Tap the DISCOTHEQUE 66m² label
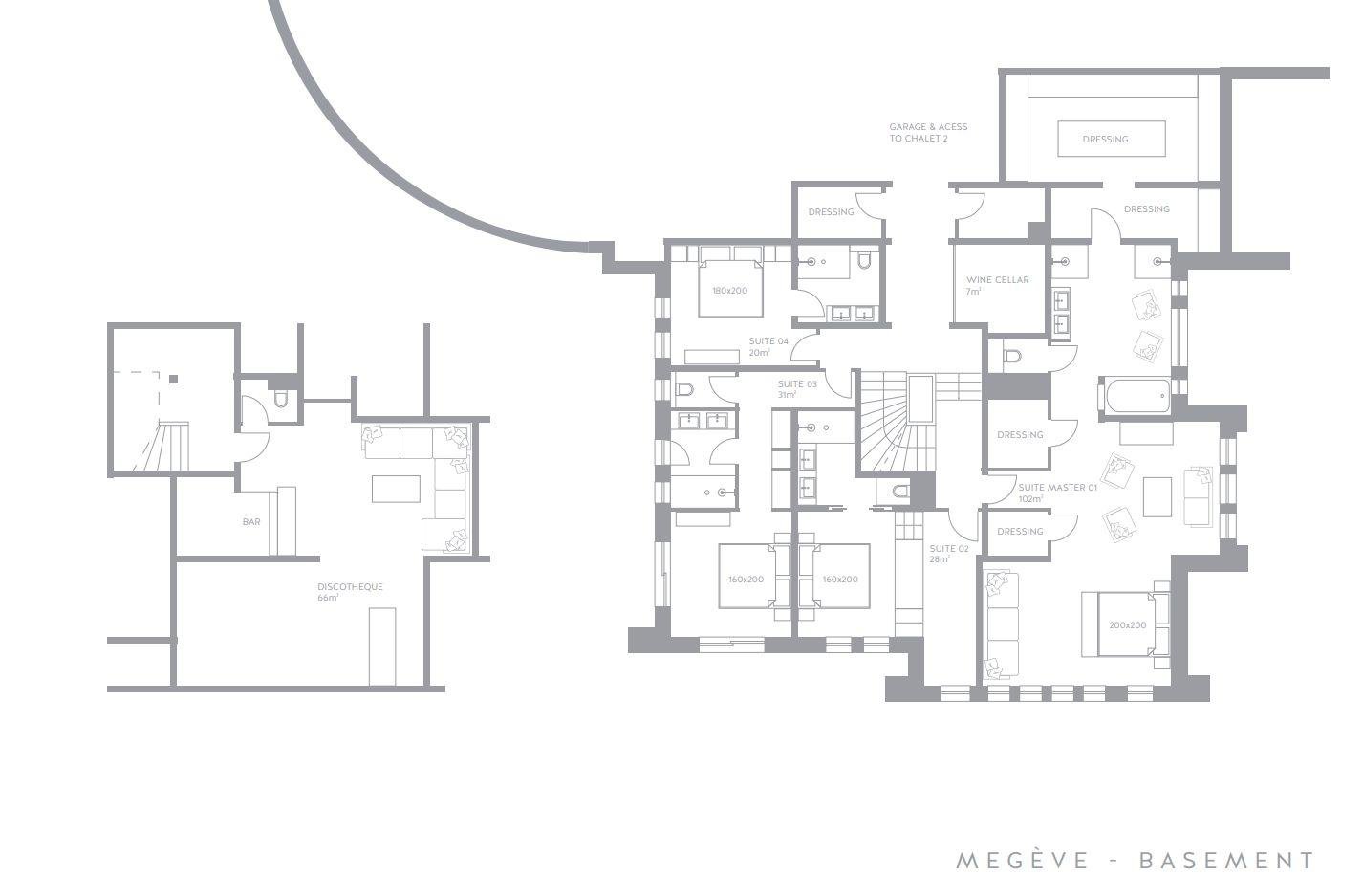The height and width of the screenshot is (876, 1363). (x=350, y=592)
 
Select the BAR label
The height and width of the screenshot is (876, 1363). (x=251, y=522)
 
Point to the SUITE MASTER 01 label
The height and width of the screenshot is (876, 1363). (x=1057, y=493)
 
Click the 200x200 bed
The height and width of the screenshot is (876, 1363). (x=1126, y=624)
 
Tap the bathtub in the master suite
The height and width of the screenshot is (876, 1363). (x=1136, y=396)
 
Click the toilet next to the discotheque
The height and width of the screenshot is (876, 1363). (x=280, y=400)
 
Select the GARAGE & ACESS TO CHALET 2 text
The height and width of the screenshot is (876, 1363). (x=928, y=133)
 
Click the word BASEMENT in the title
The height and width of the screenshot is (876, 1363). (x=1225, y=861)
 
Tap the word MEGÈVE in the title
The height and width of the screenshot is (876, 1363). (x=1022, y=860)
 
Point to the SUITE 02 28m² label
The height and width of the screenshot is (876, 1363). (x=948, y=554)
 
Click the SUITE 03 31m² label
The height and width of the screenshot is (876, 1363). (x=797, y=389)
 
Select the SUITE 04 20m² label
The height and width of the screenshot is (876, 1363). (x=768, y=346)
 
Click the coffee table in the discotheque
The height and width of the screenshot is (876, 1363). (x=396, y=489)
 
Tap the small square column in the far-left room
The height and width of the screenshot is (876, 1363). (x=173, y=380)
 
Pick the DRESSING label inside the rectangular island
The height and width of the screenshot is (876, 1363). (x=1105, y=140)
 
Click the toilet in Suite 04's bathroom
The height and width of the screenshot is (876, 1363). (x=863, y=260)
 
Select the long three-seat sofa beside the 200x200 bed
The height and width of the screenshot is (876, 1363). (x=1002, y=624)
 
